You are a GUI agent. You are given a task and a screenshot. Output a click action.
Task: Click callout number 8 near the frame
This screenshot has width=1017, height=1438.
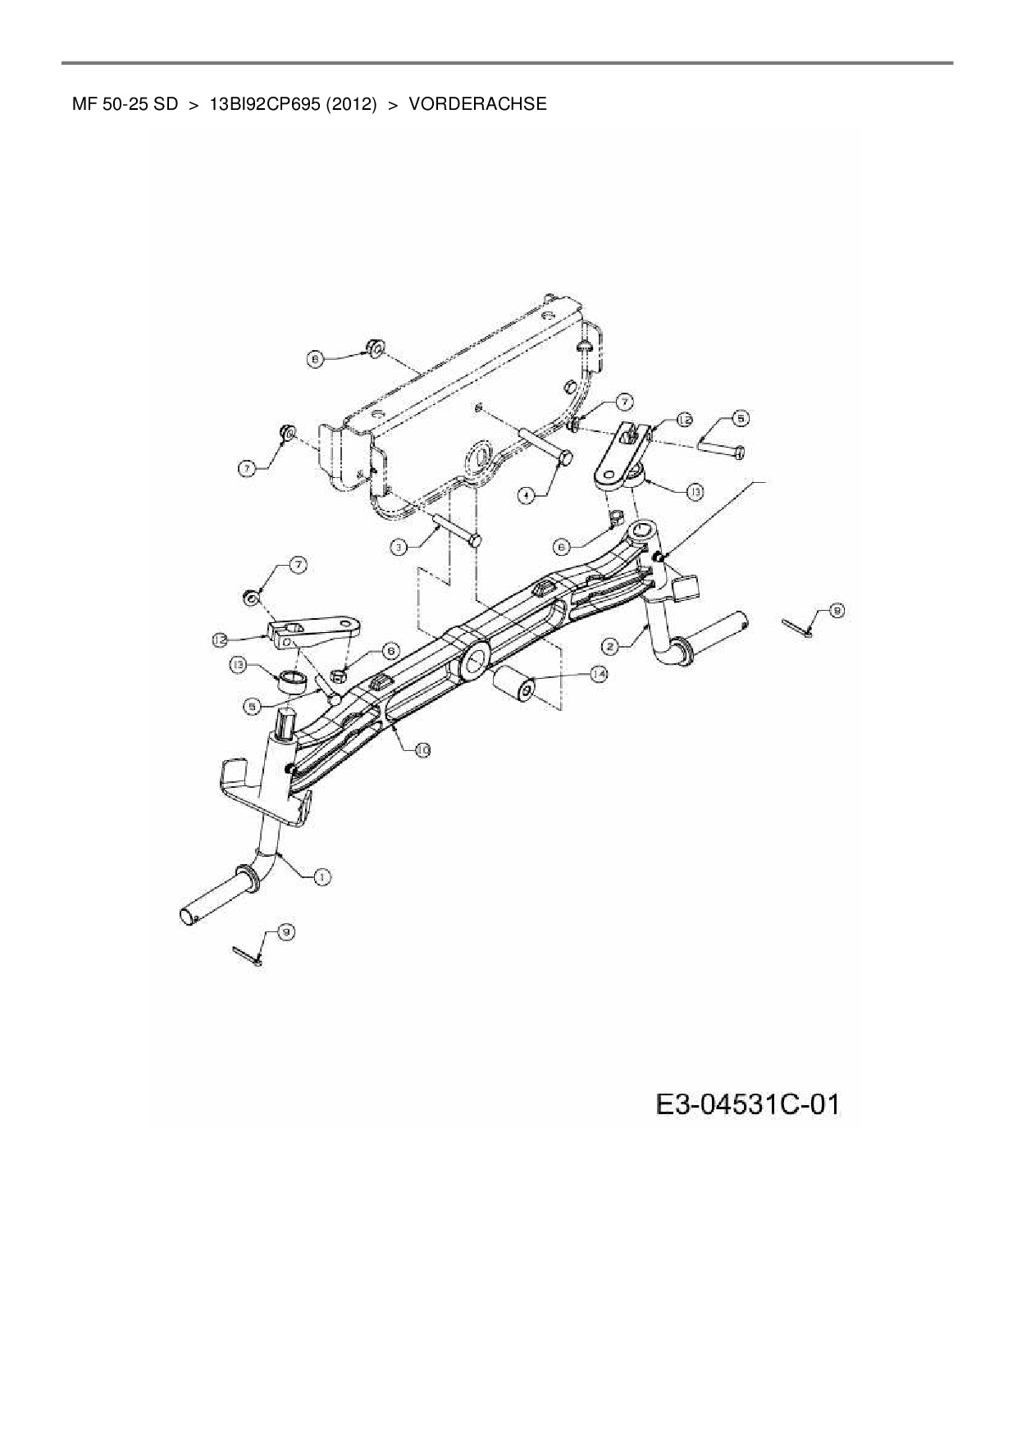click(314, 357)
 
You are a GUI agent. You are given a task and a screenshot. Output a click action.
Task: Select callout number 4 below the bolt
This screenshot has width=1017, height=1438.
click(527, 495)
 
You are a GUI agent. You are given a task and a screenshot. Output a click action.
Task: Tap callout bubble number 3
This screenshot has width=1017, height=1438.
click(399, 545)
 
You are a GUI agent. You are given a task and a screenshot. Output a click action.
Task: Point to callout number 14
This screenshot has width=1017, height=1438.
click(600, 674)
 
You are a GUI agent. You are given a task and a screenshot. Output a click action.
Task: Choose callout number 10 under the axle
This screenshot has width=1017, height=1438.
click(422, 749)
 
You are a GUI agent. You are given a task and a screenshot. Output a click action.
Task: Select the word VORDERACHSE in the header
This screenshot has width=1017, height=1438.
click(477, 104)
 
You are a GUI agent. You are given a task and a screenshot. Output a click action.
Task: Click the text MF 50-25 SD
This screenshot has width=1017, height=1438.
click(125, 104)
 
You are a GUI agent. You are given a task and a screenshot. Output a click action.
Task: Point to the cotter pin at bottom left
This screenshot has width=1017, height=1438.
click(247, 954)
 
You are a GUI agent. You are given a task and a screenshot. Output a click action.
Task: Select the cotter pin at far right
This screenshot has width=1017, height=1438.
click(796, 626)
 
